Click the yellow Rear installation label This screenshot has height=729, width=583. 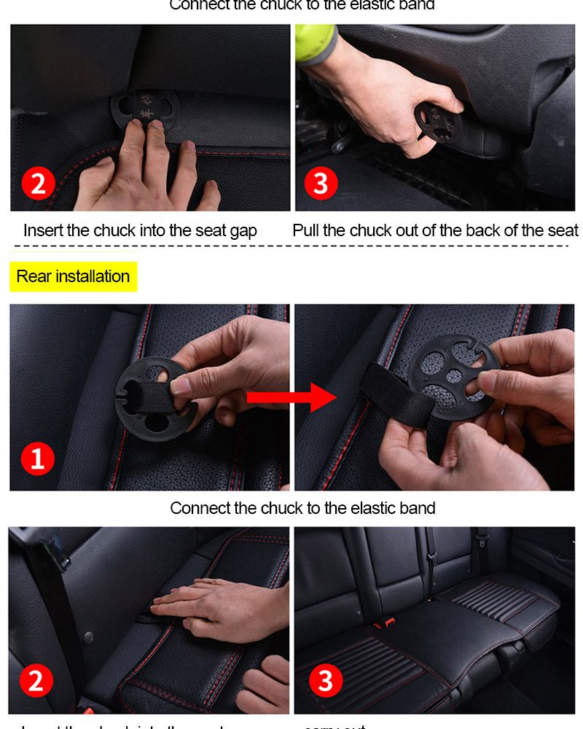73,276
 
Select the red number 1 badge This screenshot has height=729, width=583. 38,459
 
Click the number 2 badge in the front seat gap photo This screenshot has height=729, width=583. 38,182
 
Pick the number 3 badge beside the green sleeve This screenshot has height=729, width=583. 321,182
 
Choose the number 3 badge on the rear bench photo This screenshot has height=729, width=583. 325,681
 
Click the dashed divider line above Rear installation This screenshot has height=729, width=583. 291,246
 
